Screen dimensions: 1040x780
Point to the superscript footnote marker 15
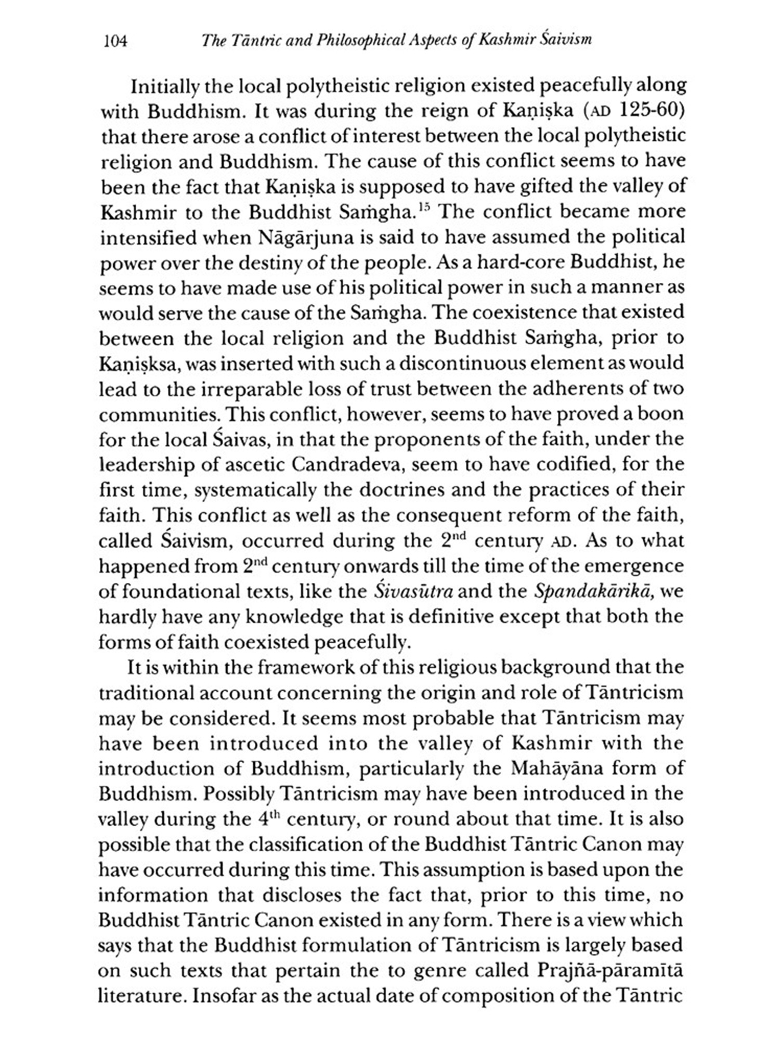click(x=424, y=208)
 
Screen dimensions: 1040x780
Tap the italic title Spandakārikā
click(x=593, y=592)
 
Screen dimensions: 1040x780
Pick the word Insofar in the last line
click(x=225, y=996)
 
